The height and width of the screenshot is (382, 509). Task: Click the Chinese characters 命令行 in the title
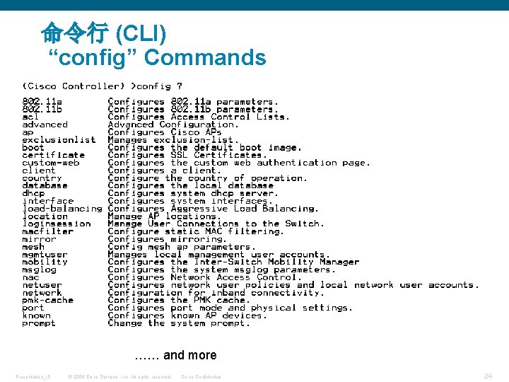coord(74,33)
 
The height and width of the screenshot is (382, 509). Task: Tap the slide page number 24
coord(488,376)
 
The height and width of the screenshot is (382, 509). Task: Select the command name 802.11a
coord(42,102)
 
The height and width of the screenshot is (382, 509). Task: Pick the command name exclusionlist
coord(59,140)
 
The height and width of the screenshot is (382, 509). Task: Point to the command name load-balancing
coord(62,209)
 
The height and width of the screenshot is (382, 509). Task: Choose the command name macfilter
coord(47,231)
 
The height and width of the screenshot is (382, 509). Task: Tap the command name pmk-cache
coord(47,300)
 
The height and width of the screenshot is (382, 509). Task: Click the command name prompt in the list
coord(39,323)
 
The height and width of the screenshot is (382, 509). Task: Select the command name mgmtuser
coord(45,255)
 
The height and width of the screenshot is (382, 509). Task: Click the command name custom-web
coord(50,163)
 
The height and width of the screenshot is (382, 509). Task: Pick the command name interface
coord(47,201)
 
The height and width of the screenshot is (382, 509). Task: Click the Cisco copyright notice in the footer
coord(119,376)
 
